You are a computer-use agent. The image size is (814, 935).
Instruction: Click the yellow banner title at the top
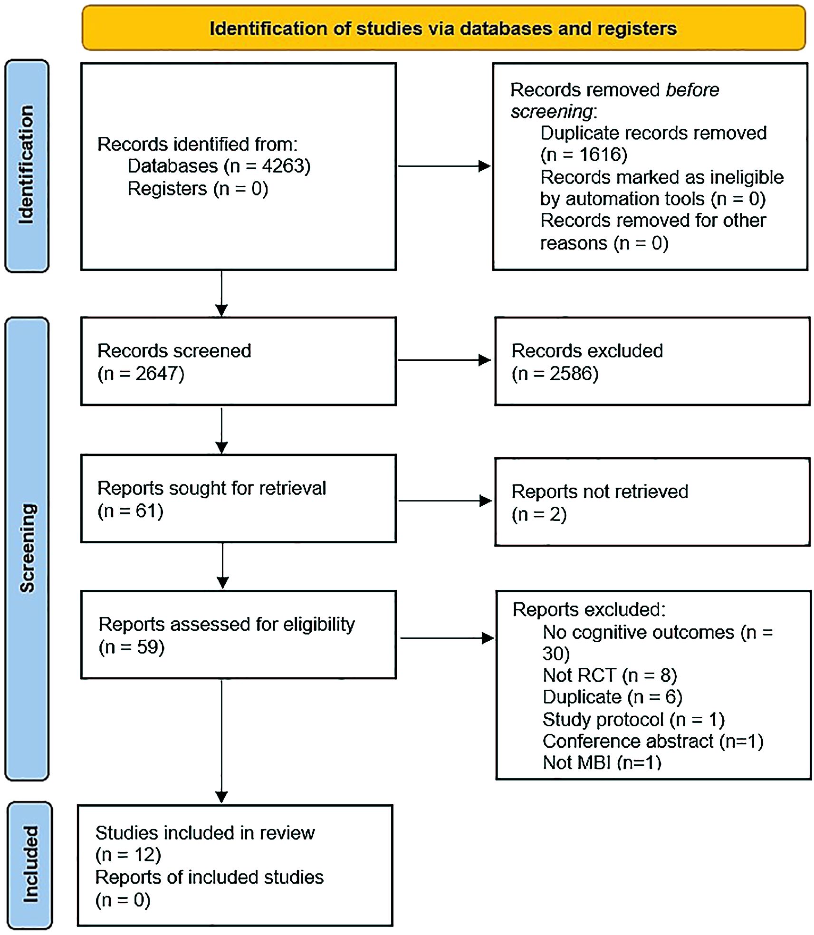point(443,29)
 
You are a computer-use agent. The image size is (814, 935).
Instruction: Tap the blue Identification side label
point(27,165)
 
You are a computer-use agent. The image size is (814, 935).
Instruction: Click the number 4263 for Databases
point(286,166)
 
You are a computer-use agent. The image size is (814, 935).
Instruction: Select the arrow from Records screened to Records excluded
point(444,360)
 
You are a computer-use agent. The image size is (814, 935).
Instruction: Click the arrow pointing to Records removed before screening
point(444,166)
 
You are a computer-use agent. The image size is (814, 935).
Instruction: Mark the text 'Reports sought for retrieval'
point(211,488)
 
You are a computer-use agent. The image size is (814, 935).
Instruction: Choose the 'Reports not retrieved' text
point(600,492)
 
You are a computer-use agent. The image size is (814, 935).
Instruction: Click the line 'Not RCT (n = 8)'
point(610,675)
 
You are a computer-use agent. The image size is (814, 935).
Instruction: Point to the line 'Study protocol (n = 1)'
point(633,719)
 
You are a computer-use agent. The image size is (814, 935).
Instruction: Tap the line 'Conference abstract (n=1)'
point(653,741)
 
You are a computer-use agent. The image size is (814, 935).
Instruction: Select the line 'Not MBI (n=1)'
point(602,762)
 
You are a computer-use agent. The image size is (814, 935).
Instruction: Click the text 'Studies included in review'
point(205,833)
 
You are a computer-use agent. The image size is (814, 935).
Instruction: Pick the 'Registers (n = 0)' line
point(198,189)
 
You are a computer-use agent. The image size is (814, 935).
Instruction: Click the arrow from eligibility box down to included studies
point(221,742)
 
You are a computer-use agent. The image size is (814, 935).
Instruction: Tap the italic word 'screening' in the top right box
point(552,112)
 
